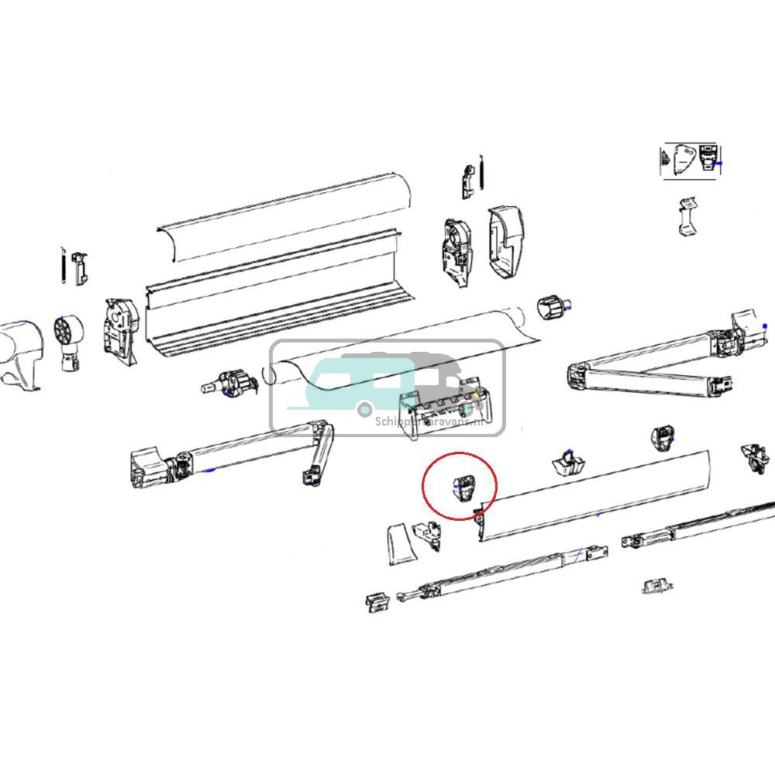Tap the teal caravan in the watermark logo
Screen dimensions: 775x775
(356, 384)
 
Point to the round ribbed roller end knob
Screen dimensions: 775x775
(552, 308)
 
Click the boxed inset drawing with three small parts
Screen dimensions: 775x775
(691, 161)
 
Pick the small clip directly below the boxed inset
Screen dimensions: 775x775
(687, 217)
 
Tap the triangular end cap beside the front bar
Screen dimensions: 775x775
(400, 544)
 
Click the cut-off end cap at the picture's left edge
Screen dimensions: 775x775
(19, 353)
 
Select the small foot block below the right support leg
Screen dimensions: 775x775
(656, 585)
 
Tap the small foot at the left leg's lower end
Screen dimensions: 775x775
(377, 602)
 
